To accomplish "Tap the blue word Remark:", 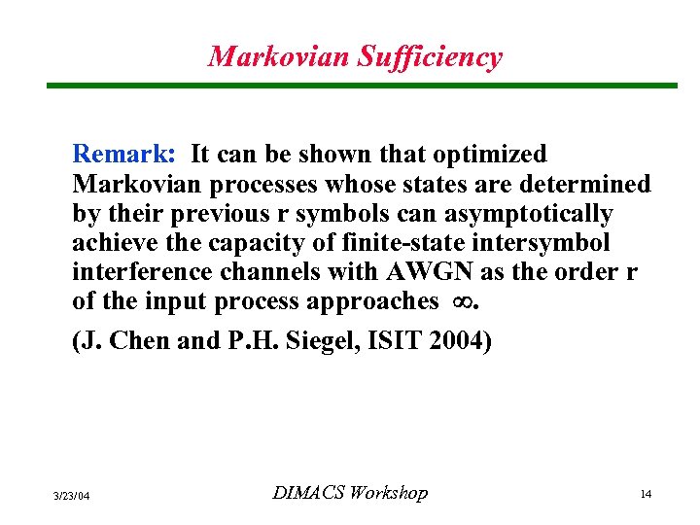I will tap(123, 154).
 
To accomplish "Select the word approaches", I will tap(372, 301).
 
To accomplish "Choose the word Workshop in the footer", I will tap(387, 493).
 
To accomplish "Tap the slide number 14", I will tap(646, 495).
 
